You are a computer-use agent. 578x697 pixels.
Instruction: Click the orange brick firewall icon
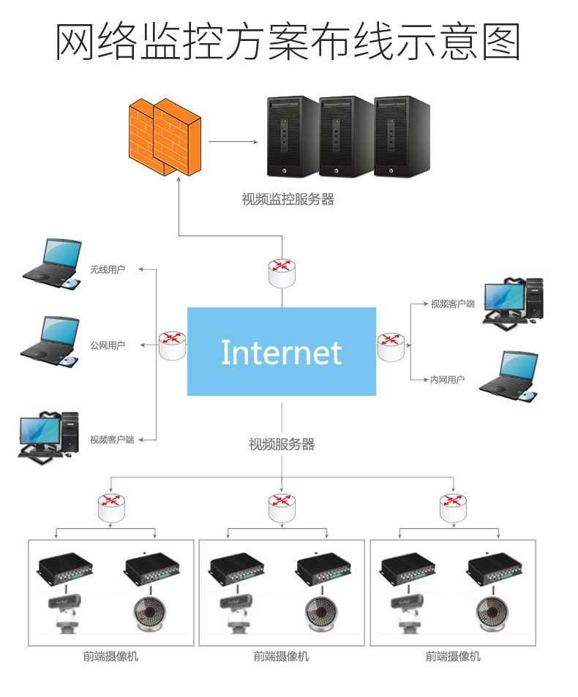[x=165, y=136]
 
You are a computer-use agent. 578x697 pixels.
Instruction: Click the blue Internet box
[x=282, y=352]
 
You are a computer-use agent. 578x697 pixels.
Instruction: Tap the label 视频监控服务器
[x=288, y=199]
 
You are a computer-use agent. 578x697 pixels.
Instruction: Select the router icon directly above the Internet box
[x=282, y=273]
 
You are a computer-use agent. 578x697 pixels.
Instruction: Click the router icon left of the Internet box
[x=173, y=344]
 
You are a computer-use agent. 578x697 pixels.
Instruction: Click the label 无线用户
[x=108, y=270]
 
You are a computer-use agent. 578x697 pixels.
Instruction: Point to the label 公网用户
[x=108, y=345]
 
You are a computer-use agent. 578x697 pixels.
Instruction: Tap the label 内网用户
[x=447, y=380]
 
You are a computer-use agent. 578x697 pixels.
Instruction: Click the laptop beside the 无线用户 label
[x=51, y=263]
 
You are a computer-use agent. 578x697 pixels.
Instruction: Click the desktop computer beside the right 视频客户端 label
[x=514, y=301]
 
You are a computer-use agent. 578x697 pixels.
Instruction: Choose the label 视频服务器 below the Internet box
[x=282, y=444]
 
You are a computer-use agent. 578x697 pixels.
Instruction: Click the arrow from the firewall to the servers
[x=233, y=142]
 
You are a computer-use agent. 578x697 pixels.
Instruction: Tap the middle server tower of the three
[x=346, y=137]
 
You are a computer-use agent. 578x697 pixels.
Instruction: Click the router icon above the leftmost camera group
[x=111, y=508]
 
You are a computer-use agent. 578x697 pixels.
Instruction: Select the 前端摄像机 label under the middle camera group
[x=282, y=656]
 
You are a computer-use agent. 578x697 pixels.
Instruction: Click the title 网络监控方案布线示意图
[x=288, y=42]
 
